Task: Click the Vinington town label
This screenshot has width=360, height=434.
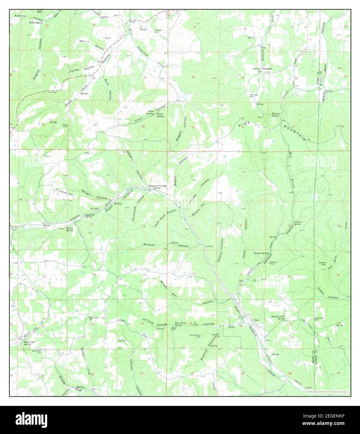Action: (267, 69)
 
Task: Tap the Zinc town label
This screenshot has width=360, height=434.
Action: (257, 320)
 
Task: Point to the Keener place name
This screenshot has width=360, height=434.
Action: (47, 225)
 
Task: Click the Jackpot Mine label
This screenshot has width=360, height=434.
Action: (274, 263)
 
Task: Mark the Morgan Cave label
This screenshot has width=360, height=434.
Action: (323, 263)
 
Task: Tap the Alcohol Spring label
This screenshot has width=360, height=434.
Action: (297, 223)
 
